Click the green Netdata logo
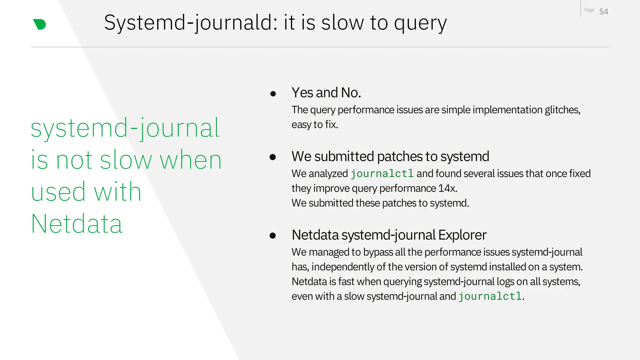pos(39,24)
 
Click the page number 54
pos(603,12)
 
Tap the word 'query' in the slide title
pos(420,23)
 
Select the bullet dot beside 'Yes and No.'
pos(273,93)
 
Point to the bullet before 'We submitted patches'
pos(272,157)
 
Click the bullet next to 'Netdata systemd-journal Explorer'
pos(272,236)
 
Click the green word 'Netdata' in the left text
pos(77,224)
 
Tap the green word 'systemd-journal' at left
pos(125,128)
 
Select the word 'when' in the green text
pos(190,160)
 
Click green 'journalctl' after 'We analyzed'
pos(382,174)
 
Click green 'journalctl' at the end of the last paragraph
pos(490,296)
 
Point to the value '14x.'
pos(447,188)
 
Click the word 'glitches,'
pos(562,110)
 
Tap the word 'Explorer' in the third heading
pos(462,235)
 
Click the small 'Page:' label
pos(589,10)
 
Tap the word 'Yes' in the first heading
pos(302,93)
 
